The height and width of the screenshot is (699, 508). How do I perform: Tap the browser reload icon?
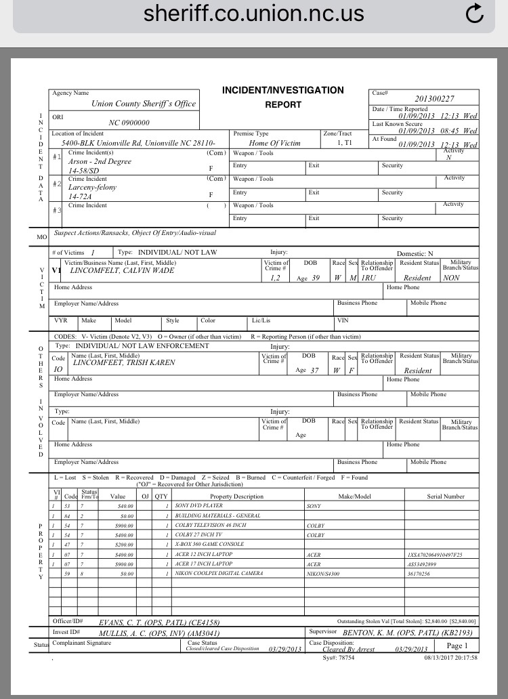476,14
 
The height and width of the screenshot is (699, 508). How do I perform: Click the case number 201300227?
434,99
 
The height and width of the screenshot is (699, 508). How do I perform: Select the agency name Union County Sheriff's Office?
144,104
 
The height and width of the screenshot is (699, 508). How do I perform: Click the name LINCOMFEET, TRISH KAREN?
123,362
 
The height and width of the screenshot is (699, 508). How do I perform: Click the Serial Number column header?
446,496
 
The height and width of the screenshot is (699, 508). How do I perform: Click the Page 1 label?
457,645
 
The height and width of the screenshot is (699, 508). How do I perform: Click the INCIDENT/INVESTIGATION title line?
282,90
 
